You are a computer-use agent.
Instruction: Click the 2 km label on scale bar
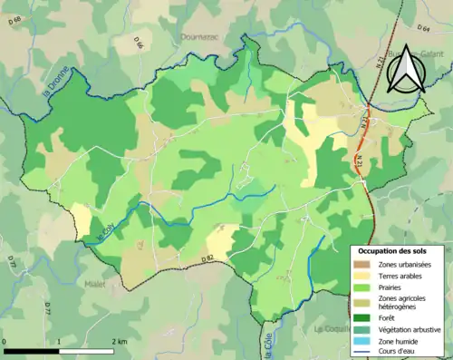pos(120,340)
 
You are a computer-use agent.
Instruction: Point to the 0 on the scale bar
pos(5,340)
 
